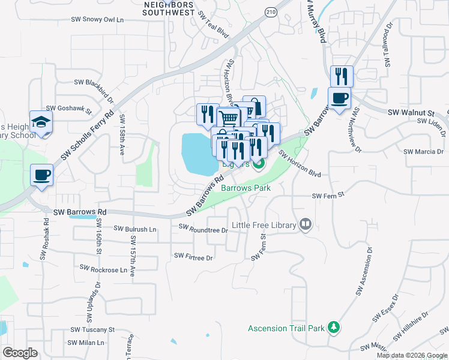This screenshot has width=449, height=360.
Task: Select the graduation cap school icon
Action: [41, 122]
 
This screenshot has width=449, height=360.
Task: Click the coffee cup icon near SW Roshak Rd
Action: [41, 175]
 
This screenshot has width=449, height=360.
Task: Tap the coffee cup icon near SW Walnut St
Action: [339, 98]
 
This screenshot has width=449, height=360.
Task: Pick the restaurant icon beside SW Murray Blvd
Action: [341, 76]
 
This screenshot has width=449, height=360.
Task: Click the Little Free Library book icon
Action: [306, 224]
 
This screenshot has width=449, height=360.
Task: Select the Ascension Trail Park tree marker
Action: [334, 328]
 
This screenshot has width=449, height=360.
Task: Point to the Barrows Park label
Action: [246, 188]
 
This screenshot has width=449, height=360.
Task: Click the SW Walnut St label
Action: [411, 112]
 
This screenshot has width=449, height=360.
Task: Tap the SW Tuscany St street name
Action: [92, 329]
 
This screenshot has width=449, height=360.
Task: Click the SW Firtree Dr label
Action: [193, 256]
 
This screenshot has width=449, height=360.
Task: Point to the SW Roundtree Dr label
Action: [203, 229]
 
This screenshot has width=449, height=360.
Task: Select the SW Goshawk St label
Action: [68, 109]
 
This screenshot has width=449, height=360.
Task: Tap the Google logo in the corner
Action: [20, 352]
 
